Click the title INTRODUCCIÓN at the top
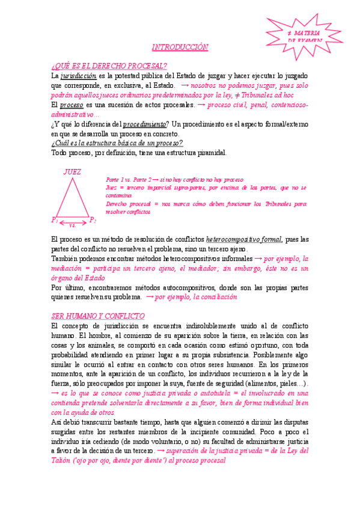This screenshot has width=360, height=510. pos(180,47)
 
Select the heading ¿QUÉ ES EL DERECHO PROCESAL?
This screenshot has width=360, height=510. pos(109,66)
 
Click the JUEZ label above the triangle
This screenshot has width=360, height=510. pos(72,172)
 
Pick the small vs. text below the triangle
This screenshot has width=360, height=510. pos(73,226)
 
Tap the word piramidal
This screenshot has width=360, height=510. pos(211,153)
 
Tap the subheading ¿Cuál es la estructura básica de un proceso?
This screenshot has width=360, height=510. pos(117,143)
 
